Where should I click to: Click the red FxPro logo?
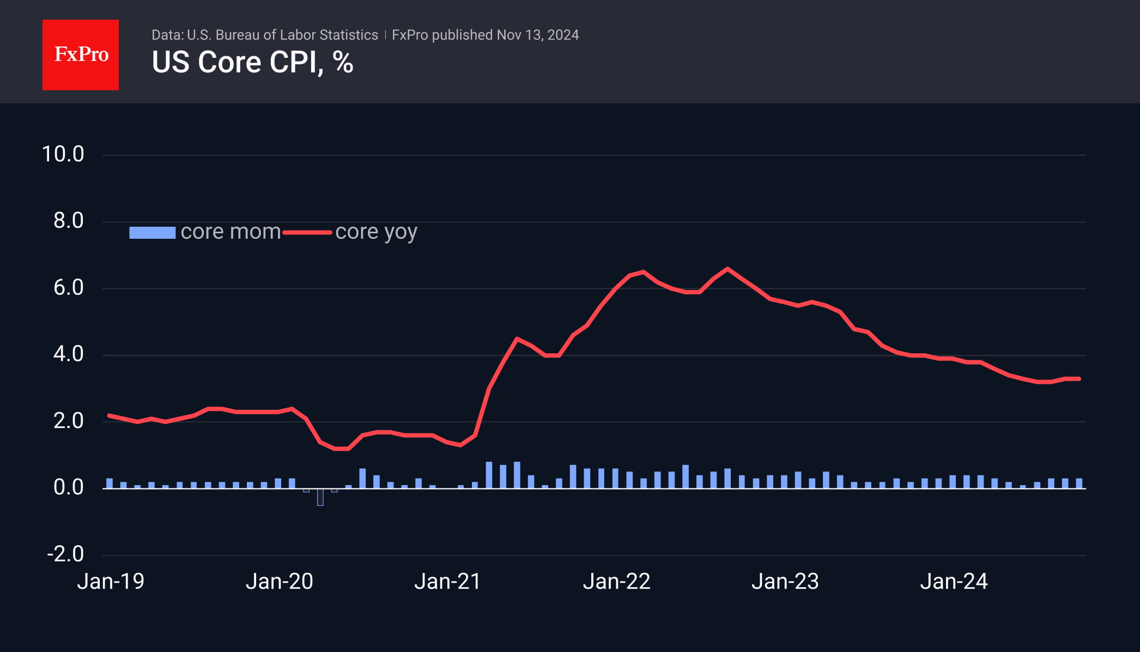(x=81, y=55)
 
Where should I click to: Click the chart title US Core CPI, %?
(x=252, y=62)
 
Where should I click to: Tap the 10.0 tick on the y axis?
(x=63, y=154)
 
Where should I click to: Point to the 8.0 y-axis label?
(x=69, y=221)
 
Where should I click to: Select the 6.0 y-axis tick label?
(x=69, y=287)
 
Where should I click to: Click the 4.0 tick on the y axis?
(x=69, y=354)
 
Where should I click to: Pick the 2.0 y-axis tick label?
(x=69, y=421)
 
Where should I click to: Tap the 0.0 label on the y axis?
(x=69, y=487)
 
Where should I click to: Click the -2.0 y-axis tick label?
(x=65, y=554)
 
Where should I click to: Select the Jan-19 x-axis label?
(x=111, y=582)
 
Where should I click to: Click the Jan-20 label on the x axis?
(x=279, y=582)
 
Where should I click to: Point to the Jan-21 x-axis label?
(x=447, y=582)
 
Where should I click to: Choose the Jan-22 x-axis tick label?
(x=616, y=582)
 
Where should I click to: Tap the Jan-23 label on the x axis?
(x=785, y=582)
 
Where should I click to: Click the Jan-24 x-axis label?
(x=954, y=582)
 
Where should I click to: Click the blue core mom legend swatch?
(x=152, y=233)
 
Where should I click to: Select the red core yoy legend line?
(x=307, y=233)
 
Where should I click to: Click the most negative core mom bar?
(x=320, y=497)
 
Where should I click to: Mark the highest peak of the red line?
(x=727, y=269)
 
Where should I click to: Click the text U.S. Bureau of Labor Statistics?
(x=282, y=35)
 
